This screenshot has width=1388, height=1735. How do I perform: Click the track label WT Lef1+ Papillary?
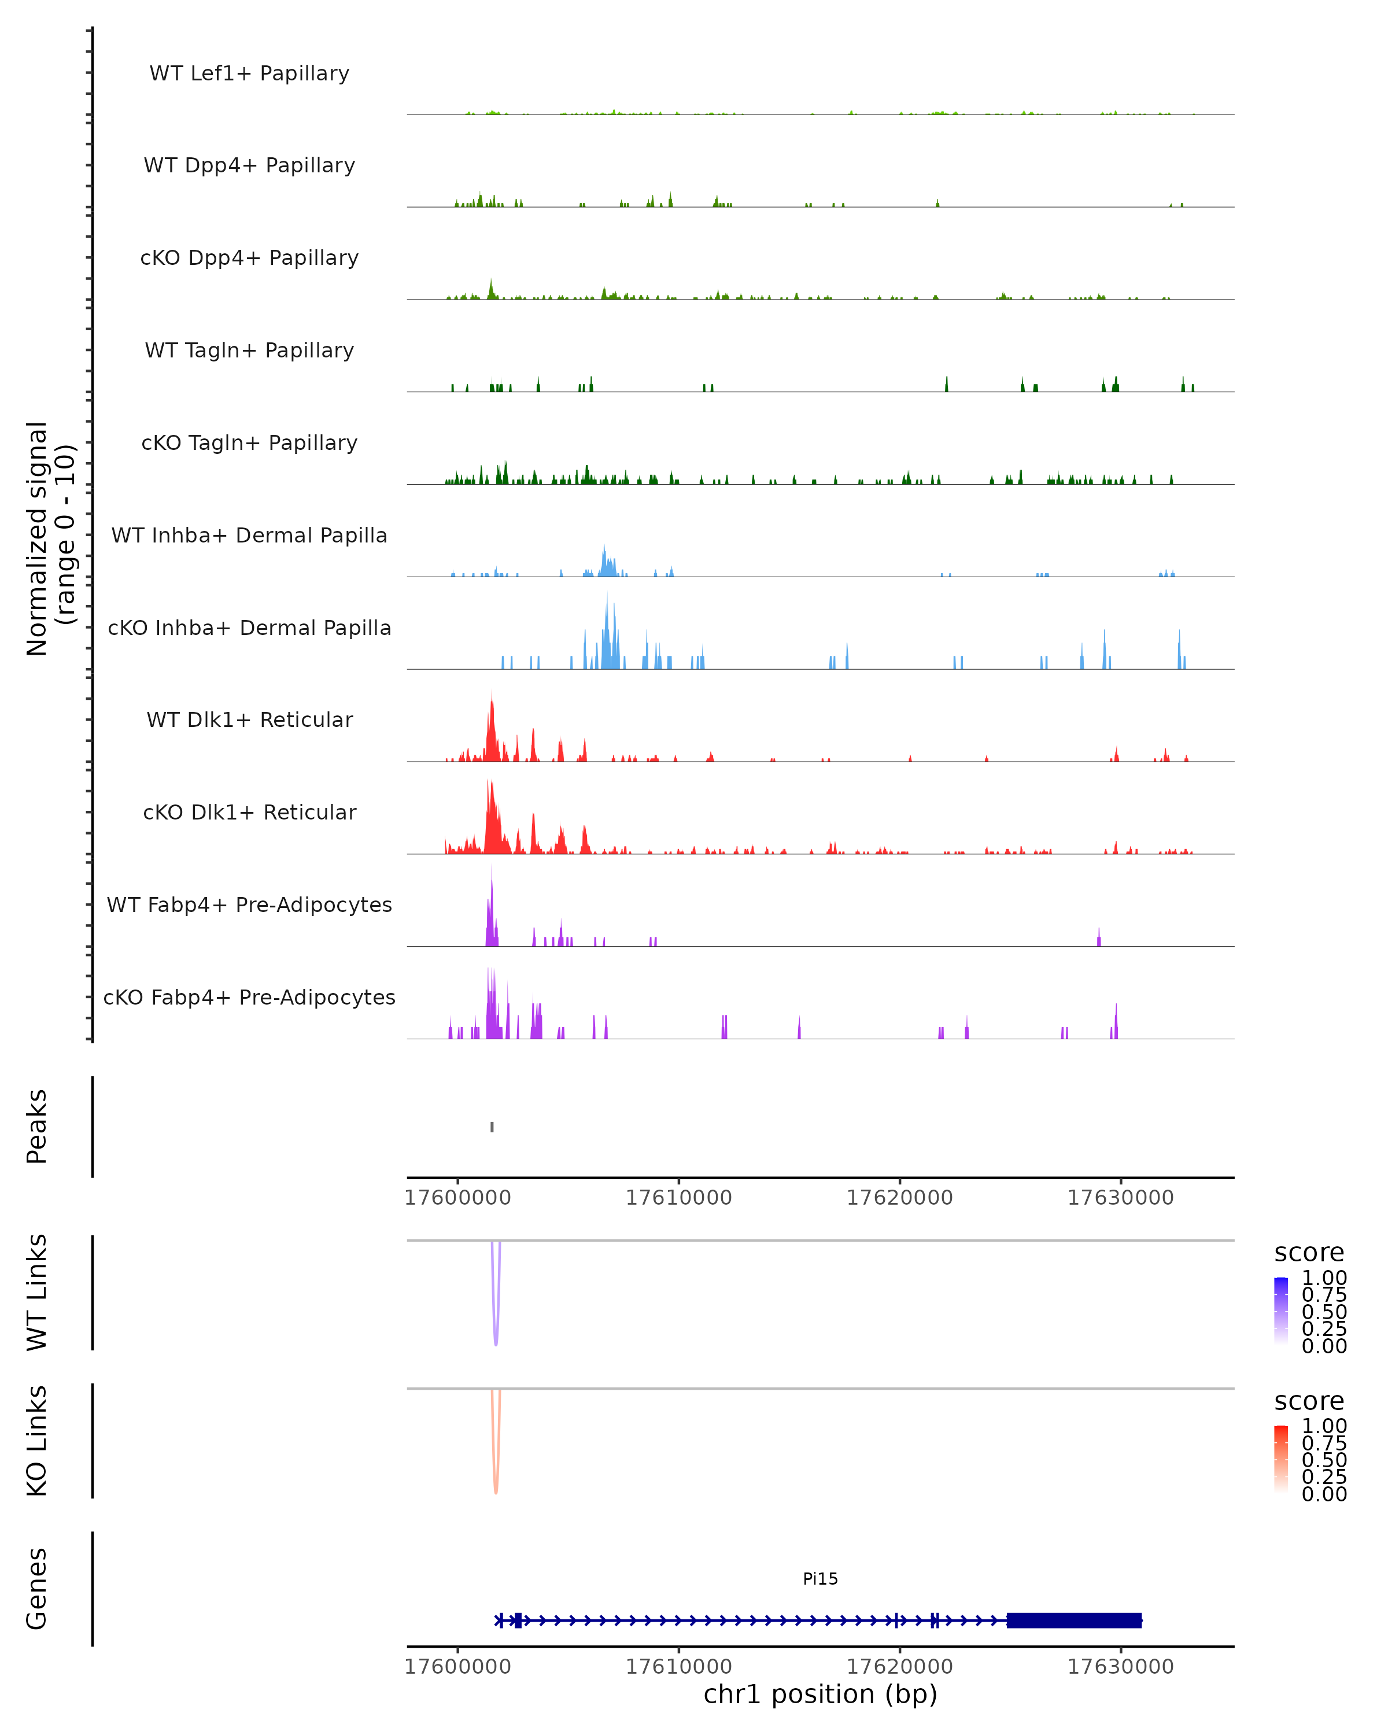pyautogui.click(x=249, y=73)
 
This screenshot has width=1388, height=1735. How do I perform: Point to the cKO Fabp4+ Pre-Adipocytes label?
pyautogui.click(x=249, y=997)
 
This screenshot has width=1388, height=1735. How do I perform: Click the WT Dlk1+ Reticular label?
pyautogui.click(x=249, y=719)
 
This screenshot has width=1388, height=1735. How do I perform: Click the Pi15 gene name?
pyautogui.click(x=820, y=1579)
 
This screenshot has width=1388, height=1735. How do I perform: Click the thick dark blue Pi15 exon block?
pyautogui.click(x=1073, y=1620)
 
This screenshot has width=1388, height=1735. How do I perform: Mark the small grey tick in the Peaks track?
pyautogui.click(x=492, y=1127)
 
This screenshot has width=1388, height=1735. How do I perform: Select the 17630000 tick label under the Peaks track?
pyautogui.click(x=1120, y=1198)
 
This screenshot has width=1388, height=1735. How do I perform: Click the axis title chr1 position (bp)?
pyautogui.click(x=820, y=1694)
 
